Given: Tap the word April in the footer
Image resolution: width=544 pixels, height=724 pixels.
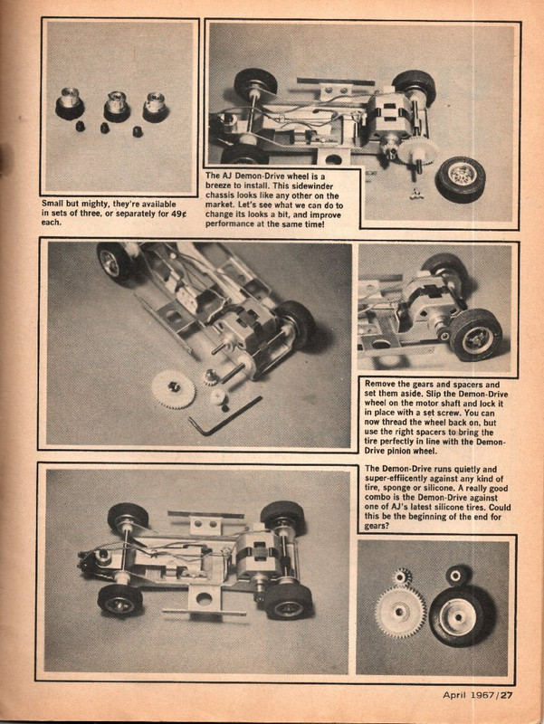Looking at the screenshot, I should pyautogui.click(x=459, y=695).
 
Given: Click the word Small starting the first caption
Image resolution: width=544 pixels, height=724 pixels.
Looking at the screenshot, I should pyautogui.click(x=57, y=204).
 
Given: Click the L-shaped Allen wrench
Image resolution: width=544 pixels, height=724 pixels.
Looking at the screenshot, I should pyautogui.click(x=222, y=415).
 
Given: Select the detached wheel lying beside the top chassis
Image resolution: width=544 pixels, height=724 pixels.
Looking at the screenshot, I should pyautogui.click(x=460, y=178).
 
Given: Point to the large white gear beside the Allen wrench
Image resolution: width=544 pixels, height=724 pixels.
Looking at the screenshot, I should pyautogui.click(x=173, y=389).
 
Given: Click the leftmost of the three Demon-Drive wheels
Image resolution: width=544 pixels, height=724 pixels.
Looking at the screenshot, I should pyautogui.click(x=70, y=104).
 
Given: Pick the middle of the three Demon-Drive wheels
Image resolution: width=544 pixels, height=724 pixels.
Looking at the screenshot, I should pyautogui.click(x=116, y=105).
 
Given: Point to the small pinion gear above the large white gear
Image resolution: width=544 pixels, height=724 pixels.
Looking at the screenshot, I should pyautogui.click(x=401, y=576).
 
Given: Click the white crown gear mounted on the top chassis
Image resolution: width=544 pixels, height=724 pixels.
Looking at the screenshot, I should pyautogui.click(x=416, y=150).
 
